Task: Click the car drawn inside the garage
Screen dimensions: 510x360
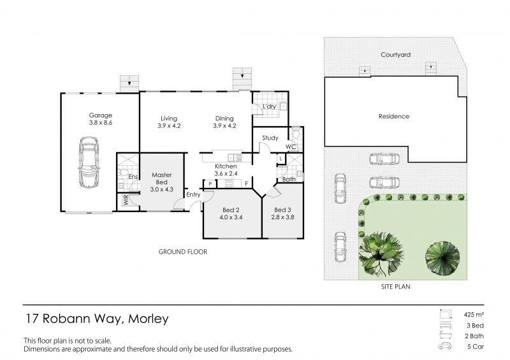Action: click(89, 162)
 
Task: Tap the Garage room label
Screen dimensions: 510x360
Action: click(101, 115)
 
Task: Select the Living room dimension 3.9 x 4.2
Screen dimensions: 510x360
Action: click(169, 126)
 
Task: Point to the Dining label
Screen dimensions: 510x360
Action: click(224, 119)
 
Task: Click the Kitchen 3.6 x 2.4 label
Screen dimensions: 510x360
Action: click(226, 169)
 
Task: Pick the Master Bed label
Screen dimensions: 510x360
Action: click(162, 178)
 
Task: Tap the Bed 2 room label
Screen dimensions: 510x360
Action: click(231, 210)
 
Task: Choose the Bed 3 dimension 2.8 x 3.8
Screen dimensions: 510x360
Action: click(282, 217)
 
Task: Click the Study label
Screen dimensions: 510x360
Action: click(270, 138)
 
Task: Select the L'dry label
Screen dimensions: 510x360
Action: click(269, 106)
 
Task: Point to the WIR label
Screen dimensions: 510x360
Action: click(126, 199)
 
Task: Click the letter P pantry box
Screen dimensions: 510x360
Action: click(210, 184)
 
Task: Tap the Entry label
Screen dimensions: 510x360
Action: click(193, 194)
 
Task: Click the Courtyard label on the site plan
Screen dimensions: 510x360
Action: click(395, 55)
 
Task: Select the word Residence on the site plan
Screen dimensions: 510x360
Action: click(394, 116)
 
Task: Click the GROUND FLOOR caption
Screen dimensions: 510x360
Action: click(183, 252)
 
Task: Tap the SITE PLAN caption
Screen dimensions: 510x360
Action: click(395, 287)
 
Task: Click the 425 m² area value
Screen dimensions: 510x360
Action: click(474, 315)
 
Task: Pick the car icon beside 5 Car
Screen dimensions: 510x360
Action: click(445, 346)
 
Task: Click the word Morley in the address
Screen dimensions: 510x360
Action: click(149, 319)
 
